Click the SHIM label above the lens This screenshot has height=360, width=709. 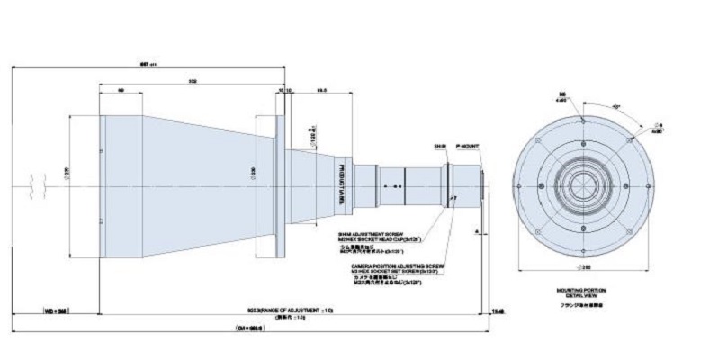coord(440,143)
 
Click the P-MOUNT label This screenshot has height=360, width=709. coord(468,143)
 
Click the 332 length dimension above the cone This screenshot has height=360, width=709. coord(193,82)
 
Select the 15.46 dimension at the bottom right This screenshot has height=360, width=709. coord(498,310)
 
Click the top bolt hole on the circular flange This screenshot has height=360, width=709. coord(583,121)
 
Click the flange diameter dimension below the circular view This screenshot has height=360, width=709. coord(583,270)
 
